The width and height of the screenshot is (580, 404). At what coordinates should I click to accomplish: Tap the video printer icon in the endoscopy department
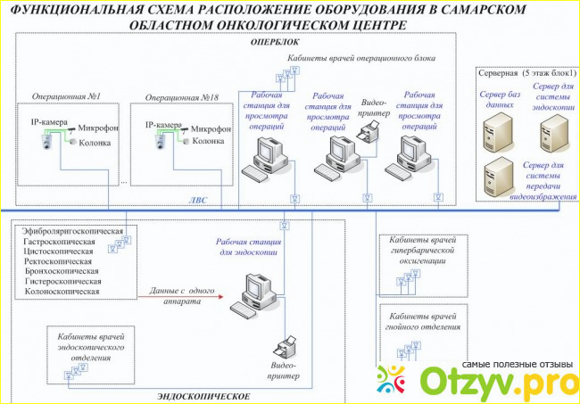pos(287,345)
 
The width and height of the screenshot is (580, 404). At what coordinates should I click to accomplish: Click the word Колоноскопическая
pos(62,290)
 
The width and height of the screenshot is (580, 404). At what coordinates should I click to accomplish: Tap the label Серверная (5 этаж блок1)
pos(527,72)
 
